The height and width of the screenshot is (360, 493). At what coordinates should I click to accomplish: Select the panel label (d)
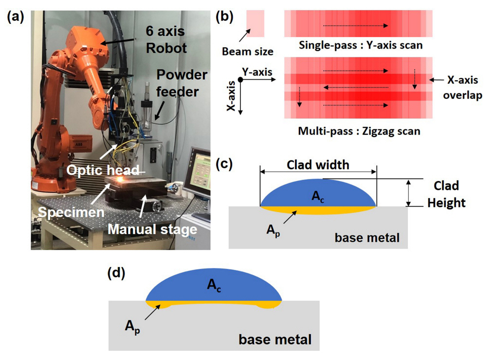(x=116, y=274)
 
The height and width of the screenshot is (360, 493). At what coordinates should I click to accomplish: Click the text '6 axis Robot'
(x=166, y=40)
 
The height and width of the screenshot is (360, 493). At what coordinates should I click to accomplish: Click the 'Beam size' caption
(x=247, y=51)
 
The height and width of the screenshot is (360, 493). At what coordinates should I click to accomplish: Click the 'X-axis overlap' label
(x=463, y=88)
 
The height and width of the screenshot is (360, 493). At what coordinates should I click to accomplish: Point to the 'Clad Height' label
(x=446, y=195)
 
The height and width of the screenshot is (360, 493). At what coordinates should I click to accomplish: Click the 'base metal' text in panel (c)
(x=367, y=238)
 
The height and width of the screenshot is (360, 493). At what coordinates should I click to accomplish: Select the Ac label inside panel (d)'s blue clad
(x=214, y=286)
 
